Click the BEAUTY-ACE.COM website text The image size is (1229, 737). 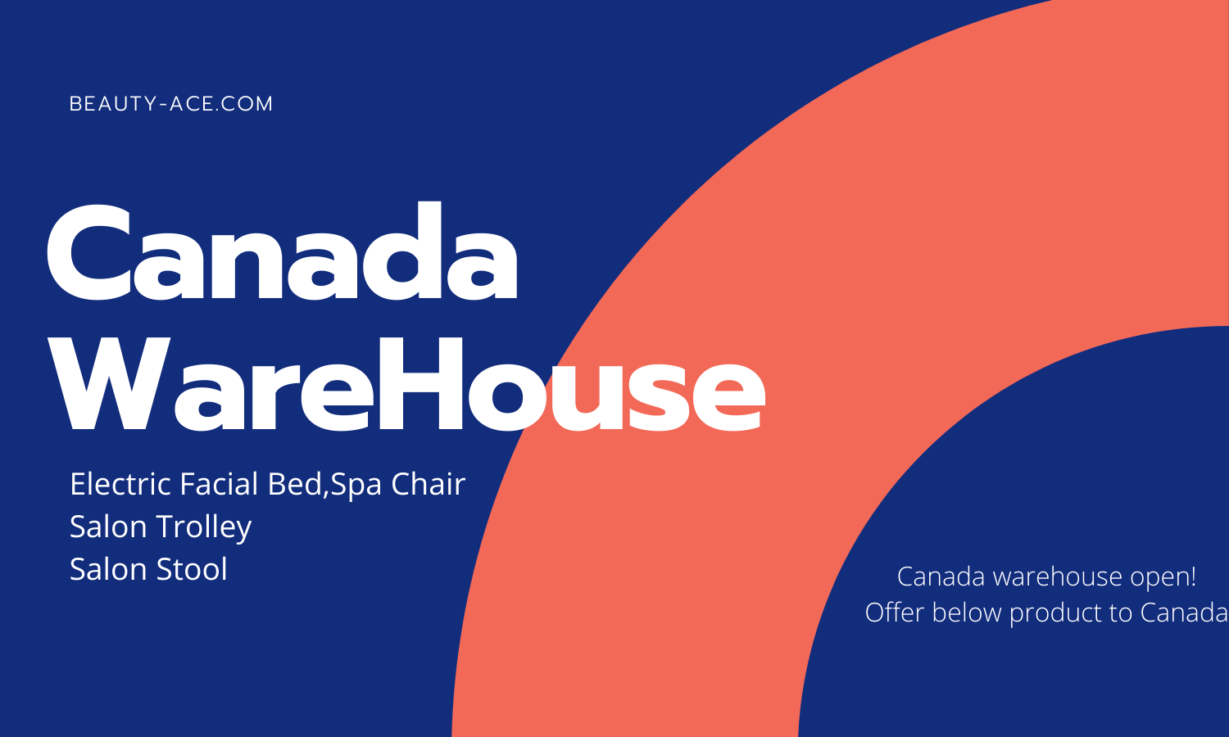click(x=170, y=104)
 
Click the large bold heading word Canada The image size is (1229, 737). click(x=282, y=251)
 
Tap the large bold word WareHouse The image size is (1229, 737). click(x=406, y=385)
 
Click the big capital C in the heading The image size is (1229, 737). click(x=88, y=253)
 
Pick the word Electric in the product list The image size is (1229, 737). click(x=120, y=484)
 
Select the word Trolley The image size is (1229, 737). click(x=204, y=527)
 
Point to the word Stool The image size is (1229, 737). click(x=192, y=569)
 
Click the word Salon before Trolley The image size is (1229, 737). click(x=109, y=527)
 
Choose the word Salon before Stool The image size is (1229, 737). click(x=109, y=569)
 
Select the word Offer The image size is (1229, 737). click(x=895, y=613)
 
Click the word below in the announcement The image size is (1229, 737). click(x=967, y=613)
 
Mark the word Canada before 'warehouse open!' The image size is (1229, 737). click(x=941, y=576)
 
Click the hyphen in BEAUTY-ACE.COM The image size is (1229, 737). click(x=163, y=105)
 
